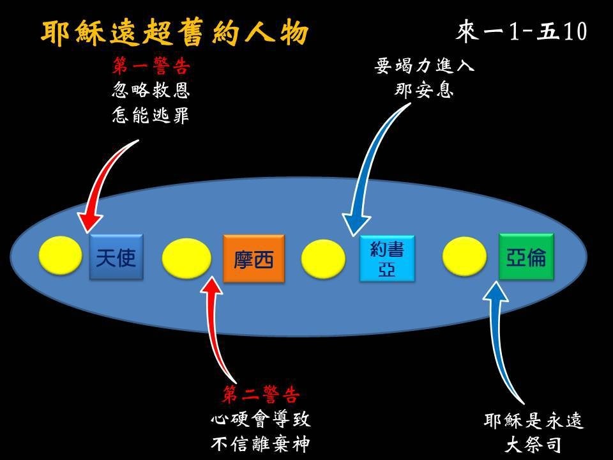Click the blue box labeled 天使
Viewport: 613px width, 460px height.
(x=116, y=257)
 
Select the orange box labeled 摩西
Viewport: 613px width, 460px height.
(x=254, y=258)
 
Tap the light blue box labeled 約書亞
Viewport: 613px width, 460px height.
(x=387, y=258)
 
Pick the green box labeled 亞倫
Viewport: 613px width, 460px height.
(x=526, y=257)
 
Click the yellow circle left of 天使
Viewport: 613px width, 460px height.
(x=61, y=255)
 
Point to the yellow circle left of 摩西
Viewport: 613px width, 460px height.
(x=186, y=259)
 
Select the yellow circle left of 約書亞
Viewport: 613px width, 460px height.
(x=323, y=259)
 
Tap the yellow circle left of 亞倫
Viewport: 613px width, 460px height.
(x=464, y=257)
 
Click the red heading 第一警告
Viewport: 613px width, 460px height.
(x=151, y=65)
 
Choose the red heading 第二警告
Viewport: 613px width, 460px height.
(x=261, y=394)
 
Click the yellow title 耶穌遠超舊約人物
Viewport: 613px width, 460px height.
(x=175, y=32)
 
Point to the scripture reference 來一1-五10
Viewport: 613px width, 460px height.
(x=522, y=31)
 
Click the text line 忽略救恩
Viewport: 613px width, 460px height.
(x=151, y=90)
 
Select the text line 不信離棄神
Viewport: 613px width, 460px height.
(x=261, y=444)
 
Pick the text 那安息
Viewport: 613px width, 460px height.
(x=424, y=90)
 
